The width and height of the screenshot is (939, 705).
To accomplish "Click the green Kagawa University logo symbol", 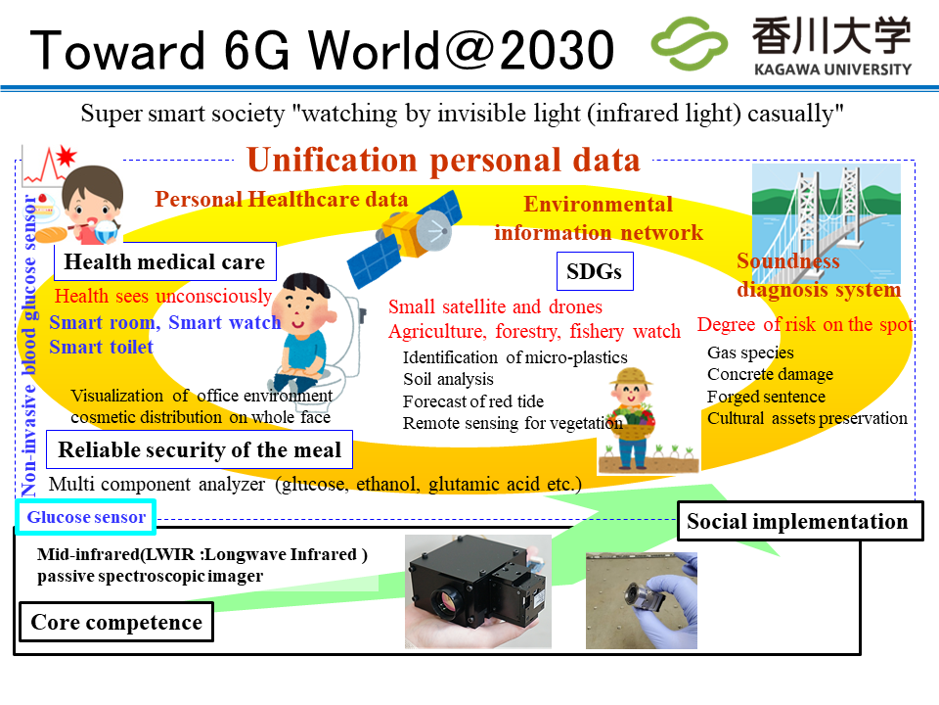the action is [689, 44].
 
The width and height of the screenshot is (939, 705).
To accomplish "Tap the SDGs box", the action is [595, 271].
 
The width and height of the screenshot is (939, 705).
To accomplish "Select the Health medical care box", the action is [164, 262].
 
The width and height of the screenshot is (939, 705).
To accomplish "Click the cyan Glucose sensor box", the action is [86, 517].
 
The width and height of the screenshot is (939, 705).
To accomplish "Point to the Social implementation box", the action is [799, 521].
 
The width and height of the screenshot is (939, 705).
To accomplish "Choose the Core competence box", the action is [116, 623].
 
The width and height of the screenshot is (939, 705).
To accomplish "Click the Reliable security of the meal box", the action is [200, 449].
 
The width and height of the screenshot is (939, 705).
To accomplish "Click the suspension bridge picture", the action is [827, 223].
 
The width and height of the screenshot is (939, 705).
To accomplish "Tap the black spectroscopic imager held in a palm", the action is [477, 591].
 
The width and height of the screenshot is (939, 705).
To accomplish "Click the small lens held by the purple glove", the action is [638, 594].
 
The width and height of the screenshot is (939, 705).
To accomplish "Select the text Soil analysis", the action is [448, 380].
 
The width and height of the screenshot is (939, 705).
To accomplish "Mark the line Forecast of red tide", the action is [473, 401].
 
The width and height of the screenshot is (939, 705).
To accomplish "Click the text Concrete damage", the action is [770, 375].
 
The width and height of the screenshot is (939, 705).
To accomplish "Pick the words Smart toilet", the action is [101, 347].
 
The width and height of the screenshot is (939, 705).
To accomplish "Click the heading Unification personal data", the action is [443, 161].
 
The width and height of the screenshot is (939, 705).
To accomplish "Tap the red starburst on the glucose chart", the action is [66, 157].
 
